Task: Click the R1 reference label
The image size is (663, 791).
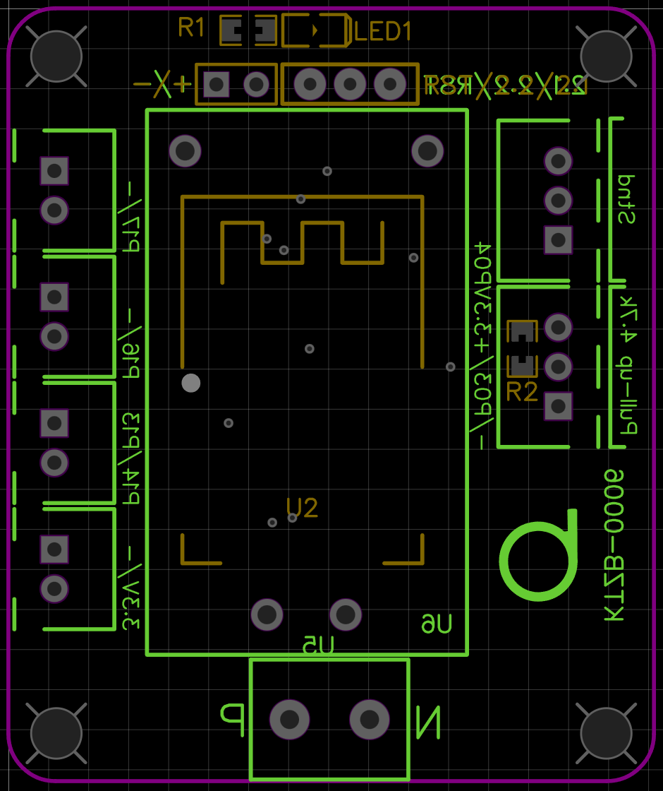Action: click(x=191, y=28)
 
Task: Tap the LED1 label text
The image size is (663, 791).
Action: click(x=383, y=32)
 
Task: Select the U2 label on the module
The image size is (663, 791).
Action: click(x=302, y=507)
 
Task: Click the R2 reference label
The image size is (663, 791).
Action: click(x=522, y=391)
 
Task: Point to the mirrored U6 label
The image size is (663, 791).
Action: click(x=437, y=624)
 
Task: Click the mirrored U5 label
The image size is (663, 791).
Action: click(x=318, y=645)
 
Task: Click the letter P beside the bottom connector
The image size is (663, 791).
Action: click(x=233, y=718)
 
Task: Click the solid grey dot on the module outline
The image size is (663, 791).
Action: click(x=191, y=383)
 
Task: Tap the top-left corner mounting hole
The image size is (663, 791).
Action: click(x=56, y=56)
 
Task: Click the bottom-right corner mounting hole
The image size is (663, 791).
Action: click(x=606, y=733)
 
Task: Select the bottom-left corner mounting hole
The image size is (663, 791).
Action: click(x=56, y=733)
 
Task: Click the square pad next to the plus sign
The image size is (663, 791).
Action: click(x=217, y=85)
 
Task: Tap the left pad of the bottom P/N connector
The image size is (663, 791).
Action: click(x=290, y=720)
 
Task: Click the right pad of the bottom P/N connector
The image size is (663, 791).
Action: click(x=370, y=720)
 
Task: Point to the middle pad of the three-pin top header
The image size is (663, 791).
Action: click(x=350, y=85)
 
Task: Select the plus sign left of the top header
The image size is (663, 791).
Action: click(x=183, y=85)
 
